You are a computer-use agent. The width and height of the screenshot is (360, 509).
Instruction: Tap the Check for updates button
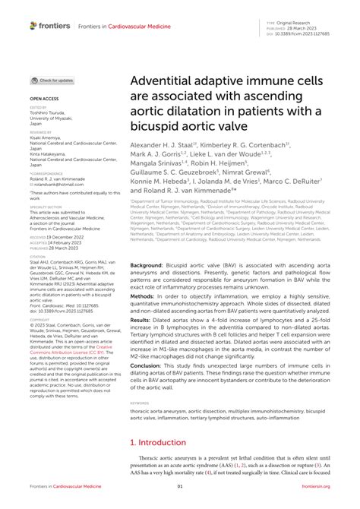coord(53,80)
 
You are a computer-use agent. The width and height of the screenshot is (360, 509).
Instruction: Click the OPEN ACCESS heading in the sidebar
coord(43,99)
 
